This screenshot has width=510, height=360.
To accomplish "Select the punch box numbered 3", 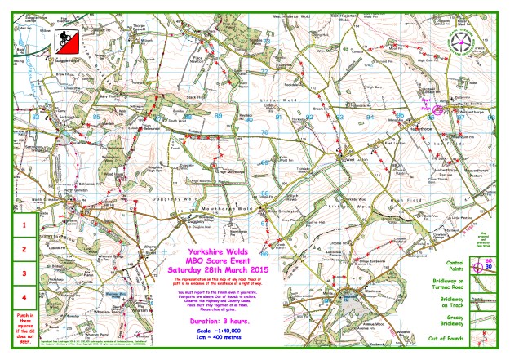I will click(x=24, y=273).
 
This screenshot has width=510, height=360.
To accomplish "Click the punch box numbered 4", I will click(x=24, y=298).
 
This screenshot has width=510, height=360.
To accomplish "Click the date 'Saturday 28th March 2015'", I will click(x=218, y=269).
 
